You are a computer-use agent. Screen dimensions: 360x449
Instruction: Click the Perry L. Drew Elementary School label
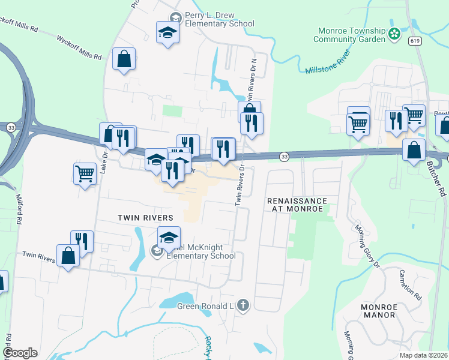(x=219, y=19)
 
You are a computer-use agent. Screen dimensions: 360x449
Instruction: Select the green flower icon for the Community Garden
(x=394, y=34)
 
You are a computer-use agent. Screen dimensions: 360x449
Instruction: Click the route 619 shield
(x=413, y=40)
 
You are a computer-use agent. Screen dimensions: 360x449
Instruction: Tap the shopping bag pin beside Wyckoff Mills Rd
(x=124, y=60)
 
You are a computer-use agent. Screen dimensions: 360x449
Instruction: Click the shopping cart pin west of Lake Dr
(x=85, y=174)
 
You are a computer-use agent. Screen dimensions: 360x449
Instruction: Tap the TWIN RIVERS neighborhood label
(x=145, y=218)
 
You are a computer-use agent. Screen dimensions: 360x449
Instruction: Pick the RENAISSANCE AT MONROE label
(x=297, y=205)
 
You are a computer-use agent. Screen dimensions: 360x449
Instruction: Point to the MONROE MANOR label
(x=378, y=310)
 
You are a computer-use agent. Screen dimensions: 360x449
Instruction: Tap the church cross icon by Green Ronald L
(x=243, y=306)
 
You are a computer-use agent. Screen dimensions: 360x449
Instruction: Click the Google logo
(x=20, y=352)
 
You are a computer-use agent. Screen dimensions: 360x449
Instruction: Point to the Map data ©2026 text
(x=423, y=355)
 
